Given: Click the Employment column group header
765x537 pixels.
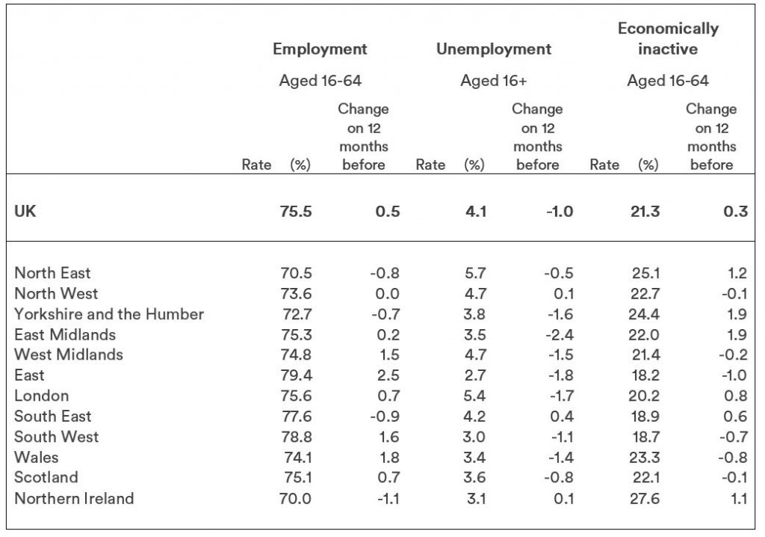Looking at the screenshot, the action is tap(320, 49).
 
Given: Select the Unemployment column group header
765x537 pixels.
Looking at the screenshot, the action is tap(494, 49).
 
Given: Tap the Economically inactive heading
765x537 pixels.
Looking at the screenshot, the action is tap(668, 39).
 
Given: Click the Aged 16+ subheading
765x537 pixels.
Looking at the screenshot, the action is tap(494, 81).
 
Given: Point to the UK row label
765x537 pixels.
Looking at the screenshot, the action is tap(25, 211).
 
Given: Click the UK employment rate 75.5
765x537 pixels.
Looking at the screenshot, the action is tap(296, 212).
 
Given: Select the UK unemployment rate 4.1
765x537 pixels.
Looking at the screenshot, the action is tap(476, 212).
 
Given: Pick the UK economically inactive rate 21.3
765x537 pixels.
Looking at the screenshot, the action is tap(645, 212).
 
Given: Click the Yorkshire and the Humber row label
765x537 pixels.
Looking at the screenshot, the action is tap(109, 313).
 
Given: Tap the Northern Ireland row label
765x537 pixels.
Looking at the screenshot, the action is tap(74, 498).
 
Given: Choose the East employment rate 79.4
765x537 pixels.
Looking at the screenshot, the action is tap(296, 375).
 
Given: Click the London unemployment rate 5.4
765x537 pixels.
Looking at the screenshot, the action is tap(474, 396).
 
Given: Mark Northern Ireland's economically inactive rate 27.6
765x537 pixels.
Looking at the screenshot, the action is tap(645, 498).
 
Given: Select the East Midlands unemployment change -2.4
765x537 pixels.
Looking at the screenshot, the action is tap(560, 335).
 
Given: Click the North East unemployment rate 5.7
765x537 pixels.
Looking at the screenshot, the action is tap(475, 273).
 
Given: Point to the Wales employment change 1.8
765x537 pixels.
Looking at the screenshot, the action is tap(388, 458).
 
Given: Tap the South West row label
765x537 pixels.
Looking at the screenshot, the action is tap(57, 436).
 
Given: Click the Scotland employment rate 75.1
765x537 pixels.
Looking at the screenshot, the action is tap(297, 477).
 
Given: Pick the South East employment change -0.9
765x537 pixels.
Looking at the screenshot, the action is tap(385, 417).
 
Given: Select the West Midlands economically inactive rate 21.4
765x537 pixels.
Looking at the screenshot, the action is tap(645, 355).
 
